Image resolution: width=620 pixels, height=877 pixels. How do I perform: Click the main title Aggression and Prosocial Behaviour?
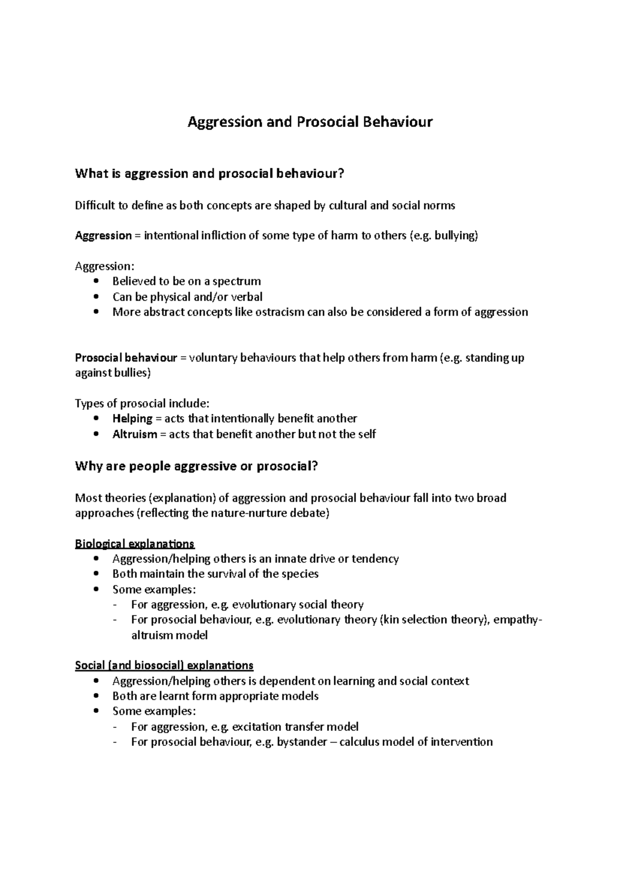[309, 122]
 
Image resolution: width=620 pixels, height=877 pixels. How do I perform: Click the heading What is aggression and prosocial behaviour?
[209, 174]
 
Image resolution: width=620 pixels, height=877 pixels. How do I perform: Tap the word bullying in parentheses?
[456, 236]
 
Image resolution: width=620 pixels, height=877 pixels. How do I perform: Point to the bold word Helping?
[132, 418]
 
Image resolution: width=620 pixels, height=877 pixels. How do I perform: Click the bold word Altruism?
[134, 434]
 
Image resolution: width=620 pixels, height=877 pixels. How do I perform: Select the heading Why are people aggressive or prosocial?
[196, 466]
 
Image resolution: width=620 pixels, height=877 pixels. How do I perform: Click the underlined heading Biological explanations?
[134, 544]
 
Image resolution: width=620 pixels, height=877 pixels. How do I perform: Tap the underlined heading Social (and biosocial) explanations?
[164, 665]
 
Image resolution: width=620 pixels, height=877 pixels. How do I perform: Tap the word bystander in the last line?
[302, 742]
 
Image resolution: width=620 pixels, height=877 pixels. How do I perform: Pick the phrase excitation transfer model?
[295, 727]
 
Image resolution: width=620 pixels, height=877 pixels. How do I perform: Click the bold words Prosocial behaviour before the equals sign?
[126, 358]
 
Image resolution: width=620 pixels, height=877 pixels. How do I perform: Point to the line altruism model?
[169, 635]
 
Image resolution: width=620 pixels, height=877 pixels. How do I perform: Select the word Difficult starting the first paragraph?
[95, 206]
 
